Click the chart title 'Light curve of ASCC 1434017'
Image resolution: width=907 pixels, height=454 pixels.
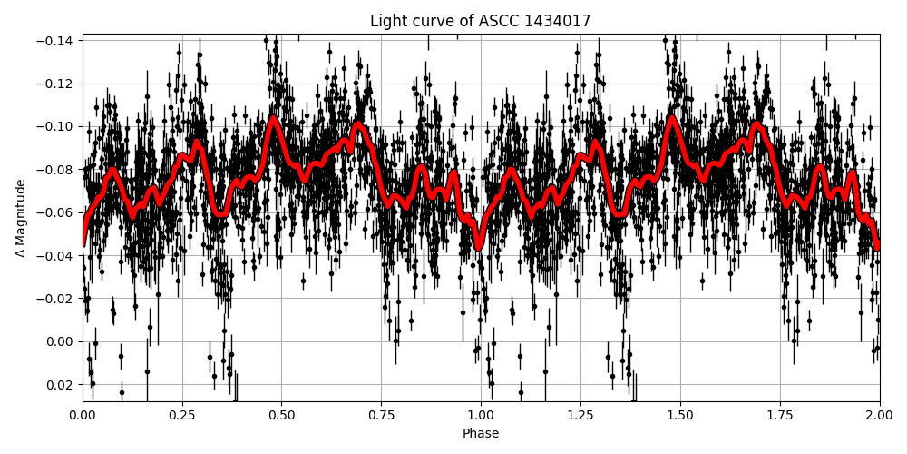(480, 21)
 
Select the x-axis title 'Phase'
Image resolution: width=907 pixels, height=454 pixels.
(481, 434)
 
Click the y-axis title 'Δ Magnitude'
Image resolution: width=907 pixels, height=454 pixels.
(21, 218)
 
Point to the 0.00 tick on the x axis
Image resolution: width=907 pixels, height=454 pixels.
(83, 416)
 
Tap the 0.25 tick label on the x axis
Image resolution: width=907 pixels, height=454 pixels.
(182, 416)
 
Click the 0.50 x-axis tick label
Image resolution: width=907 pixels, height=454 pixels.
(282, 416)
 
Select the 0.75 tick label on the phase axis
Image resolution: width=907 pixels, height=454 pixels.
(381, 416)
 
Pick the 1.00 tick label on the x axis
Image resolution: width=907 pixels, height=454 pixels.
(481, 416)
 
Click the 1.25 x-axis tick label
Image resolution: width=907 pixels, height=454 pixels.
(580, 416)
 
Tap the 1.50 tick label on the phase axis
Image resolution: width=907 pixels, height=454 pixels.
(680, 416)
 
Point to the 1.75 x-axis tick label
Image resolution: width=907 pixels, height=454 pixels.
(780, 416)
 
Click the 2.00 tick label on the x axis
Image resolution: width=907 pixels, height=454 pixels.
(879, 416)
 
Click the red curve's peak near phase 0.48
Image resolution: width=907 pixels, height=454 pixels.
(273, 118)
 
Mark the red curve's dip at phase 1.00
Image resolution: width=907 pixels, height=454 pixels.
(480, 245)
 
